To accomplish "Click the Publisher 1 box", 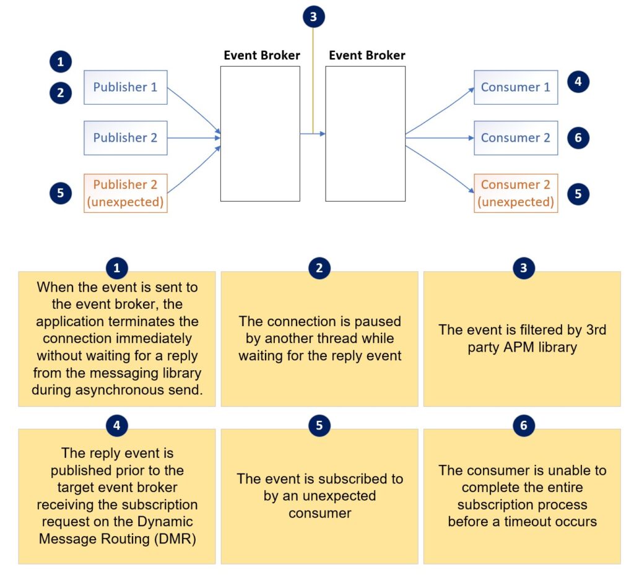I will tap(126, 87).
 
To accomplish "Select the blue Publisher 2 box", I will tap(126, 137).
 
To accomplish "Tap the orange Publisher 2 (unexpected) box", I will tap(126, 193).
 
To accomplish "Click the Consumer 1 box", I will tap(516, 87).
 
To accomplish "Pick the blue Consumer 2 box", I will tap(516, 137).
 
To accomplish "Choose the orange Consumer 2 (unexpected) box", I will tap(516, 193).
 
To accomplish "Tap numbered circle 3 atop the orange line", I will tap(313, 17).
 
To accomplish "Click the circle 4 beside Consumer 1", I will tap(578, 81).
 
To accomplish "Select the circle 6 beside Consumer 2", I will tap(578, 137).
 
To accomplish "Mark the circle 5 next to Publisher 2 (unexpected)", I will tap(60, 193).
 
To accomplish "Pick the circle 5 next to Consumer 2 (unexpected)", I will tap(578, 193).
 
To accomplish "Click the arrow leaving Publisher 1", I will tap(193, 109).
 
